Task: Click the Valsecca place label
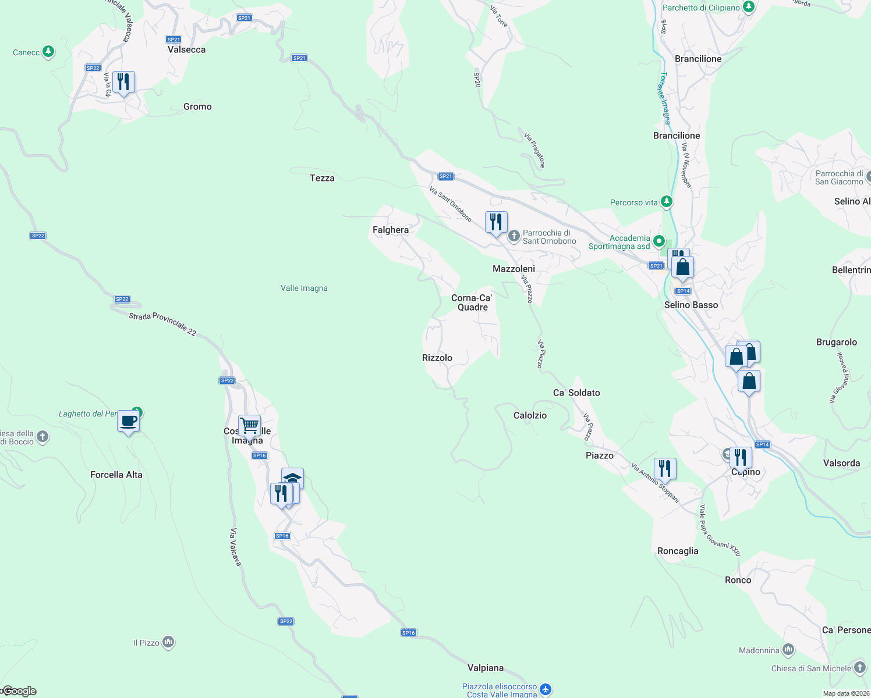tap(186, 50)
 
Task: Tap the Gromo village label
tap(197, 106)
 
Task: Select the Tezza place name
tap(322, 178)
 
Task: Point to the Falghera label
tap(391, 230)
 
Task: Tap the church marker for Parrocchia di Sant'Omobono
tap(514, 236)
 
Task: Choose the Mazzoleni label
tap(514, 269)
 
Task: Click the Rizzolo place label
tap(437, 358)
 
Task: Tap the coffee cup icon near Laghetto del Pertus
tap(128, 421)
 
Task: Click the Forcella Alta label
tap(116, 475)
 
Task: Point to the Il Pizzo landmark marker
tap(168, 642)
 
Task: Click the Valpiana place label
tap(486, 668)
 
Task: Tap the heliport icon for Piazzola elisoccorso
tap(546, 689)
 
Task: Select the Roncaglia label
tap(678, 551)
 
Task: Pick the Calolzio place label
tap(530, 415)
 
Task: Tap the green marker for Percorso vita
tap(667, 202)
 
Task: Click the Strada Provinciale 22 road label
tap(162, 324)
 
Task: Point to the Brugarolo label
tap(837, 342)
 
